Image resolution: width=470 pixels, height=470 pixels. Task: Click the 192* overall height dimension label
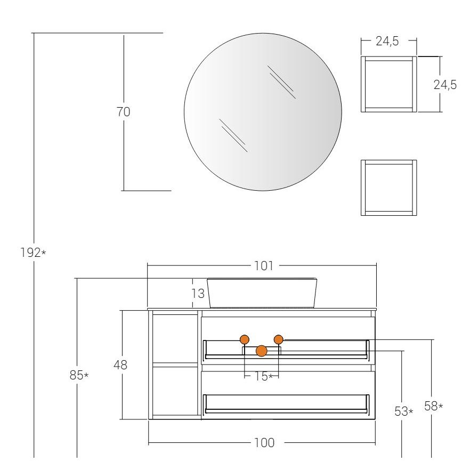click(33, 253)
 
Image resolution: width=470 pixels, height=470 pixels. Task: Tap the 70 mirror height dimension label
click(123, 112)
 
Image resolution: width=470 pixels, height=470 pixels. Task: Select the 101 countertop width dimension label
click(264, 265)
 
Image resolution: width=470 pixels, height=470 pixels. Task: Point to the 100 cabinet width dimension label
click(264, 442)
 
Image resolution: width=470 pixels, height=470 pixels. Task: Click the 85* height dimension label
click(79, 375)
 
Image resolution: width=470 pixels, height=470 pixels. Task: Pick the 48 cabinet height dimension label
click(120, 365)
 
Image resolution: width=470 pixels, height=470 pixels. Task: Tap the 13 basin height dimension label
click(198, 294)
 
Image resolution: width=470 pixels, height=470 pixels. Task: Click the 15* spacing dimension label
click(263, 376)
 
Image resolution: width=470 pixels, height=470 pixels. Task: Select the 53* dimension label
click(404, 411)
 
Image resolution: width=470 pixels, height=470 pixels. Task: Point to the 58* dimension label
click(433, 406)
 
